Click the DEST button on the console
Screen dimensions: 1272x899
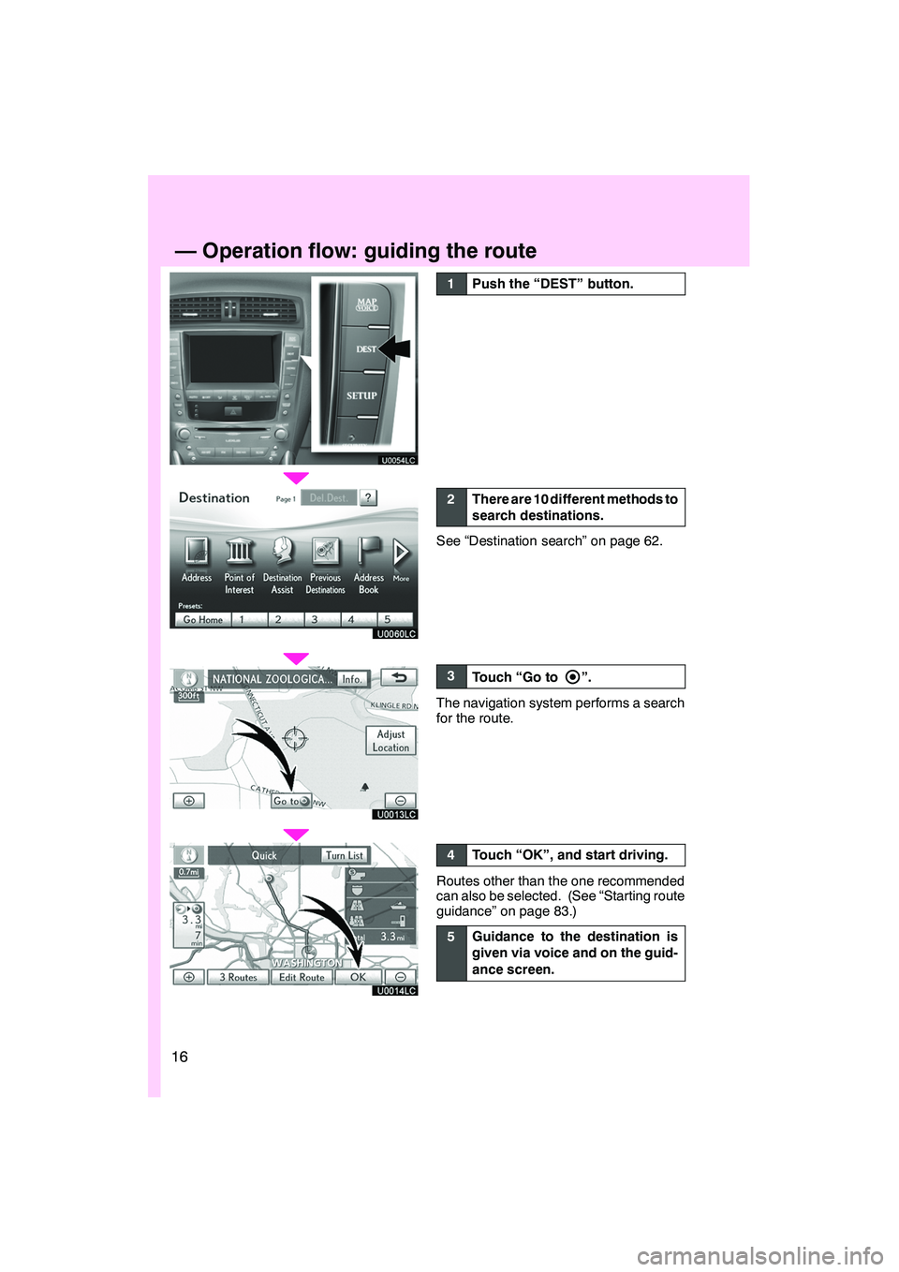pos(366,349)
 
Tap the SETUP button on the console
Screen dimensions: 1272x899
pos(361,396)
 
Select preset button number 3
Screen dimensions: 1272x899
pos(315,620)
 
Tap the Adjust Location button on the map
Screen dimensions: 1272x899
pos(391,741)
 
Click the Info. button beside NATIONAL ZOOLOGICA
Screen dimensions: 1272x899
pos(351,679)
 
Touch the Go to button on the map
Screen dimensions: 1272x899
pos(291,801)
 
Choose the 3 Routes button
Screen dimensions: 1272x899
pos(238,977)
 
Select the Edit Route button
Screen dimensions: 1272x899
pos(302,977)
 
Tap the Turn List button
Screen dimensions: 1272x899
pos(344,855)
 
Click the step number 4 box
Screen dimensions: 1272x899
pos(450,855)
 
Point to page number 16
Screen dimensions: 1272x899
pos(180,1057)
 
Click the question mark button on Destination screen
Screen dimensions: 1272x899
pos(368,498)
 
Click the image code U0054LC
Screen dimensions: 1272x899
pos(398,460)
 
